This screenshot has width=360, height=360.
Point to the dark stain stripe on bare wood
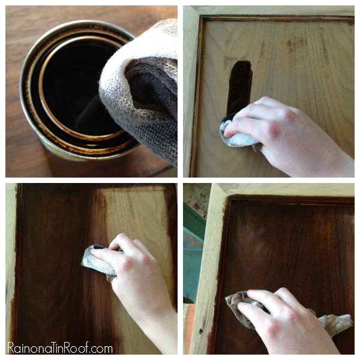[240, 87]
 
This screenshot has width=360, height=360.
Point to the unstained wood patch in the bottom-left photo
[138, 218]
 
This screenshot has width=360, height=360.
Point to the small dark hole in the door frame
[201, 331]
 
